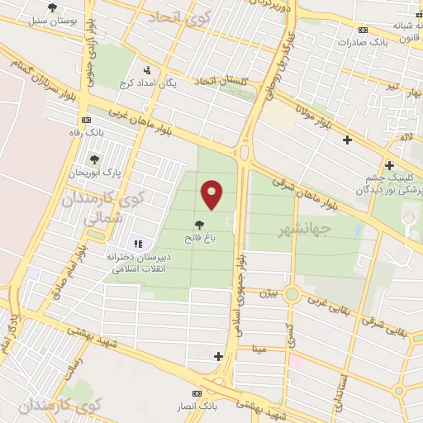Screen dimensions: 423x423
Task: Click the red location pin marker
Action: (212, 194)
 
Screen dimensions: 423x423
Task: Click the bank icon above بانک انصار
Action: (197, 394)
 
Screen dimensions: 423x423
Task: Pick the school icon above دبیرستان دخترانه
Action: (138, 244)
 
